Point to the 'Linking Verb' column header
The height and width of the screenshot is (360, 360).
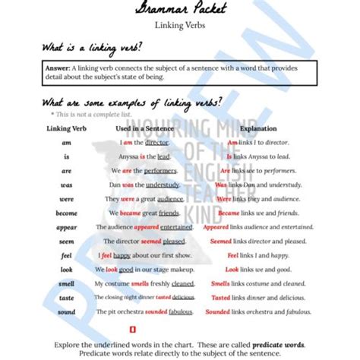click(x=66, y=128)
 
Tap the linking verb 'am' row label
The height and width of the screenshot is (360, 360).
click(x=66, y=142)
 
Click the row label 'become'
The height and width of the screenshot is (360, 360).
click(x=66, y=213)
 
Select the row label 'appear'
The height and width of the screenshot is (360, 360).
click(x=66, y=227)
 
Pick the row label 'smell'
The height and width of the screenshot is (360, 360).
click(x=66, y=283)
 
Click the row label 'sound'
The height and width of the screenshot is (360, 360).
click(x=66, y=311)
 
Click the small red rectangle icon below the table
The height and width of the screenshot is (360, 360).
click(x=134, y=330)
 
